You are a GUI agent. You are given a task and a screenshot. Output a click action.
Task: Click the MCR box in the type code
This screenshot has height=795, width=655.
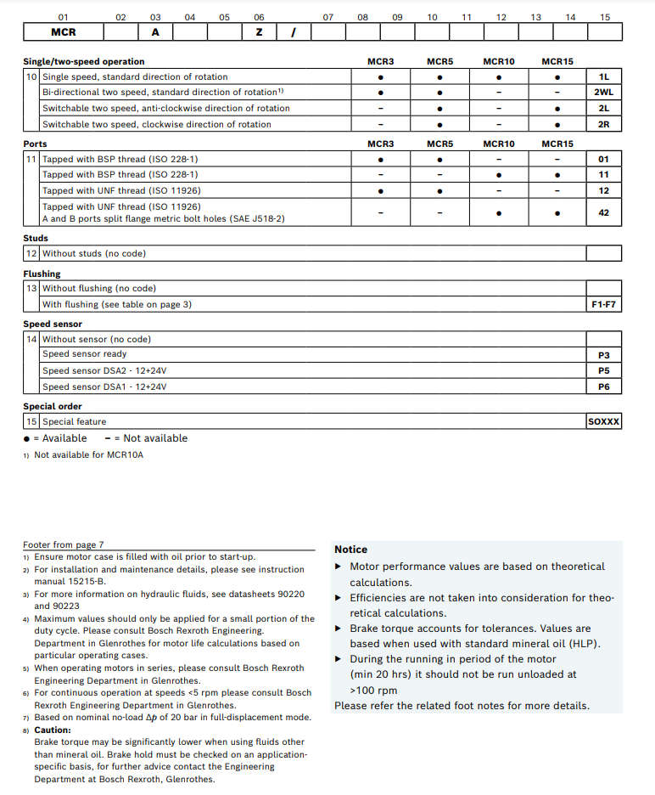(64, 32)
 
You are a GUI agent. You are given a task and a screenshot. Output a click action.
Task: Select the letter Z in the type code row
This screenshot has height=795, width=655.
(259, 32)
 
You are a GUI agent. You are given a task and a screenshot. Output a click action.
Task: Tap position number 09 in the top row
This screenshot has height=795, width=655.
(397, 17)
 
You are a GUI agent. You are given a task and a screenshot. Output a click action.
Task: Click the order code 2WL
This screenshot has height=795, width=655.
(603, 93)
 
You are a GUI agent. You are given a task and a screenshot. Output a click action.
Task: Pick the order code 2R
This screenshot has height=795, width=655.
(603, 124)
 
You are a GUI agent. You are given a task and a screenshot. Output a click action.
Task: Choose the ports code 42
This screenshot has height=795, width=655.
(603, 212)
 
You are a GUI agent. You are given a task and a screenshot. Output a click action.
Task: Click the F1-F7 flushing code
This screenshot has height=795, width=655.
(603, 304)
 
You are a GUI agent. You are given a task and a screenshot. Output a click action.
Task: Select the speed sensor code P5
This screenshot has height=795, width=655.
(603, 371)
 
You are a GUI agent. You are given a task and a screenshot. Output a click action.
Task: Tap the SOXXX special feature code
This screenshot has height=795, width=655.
(603, 421)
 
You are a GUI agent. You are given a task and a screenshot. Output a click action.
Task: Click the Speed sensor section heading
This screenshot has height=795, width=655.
(53, 324)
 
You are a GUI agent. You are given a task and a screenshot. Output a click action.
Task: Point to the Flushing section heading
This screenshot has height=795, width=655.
(42, 273)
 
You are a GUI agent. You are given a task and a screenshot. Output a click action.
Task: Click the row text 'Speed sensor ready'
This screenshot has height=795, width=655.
(84, 354)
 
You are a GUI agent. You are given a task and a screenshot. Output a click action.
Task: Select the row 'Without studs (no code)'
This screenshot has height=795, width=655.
(93, 253)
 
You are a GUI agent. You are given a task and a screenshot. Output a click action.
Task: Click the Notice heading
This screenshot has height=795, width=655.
(350, 550)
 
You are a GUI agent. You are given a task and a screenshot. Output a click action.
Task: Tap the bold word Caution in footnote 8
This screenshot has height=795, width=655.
(53, 730)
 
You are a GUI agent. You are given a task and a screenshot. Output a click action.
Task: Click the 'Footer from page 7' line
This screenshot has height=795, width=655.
(63, 544)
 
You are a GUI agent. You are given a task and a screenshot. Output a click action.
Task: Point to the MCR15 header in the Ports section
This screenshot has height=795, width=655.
(557, 144)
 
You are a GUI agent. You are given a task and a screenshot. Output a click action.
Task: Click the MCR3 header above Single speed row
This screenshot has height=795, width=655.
(380, 62)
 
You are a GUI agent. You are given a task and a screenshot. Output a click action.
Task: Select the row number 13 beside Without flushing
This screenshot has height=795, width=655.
(31, 289)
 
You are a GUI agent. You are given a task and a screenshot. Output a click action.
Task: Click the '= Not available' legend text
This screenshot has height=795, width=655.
(150, 438)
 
